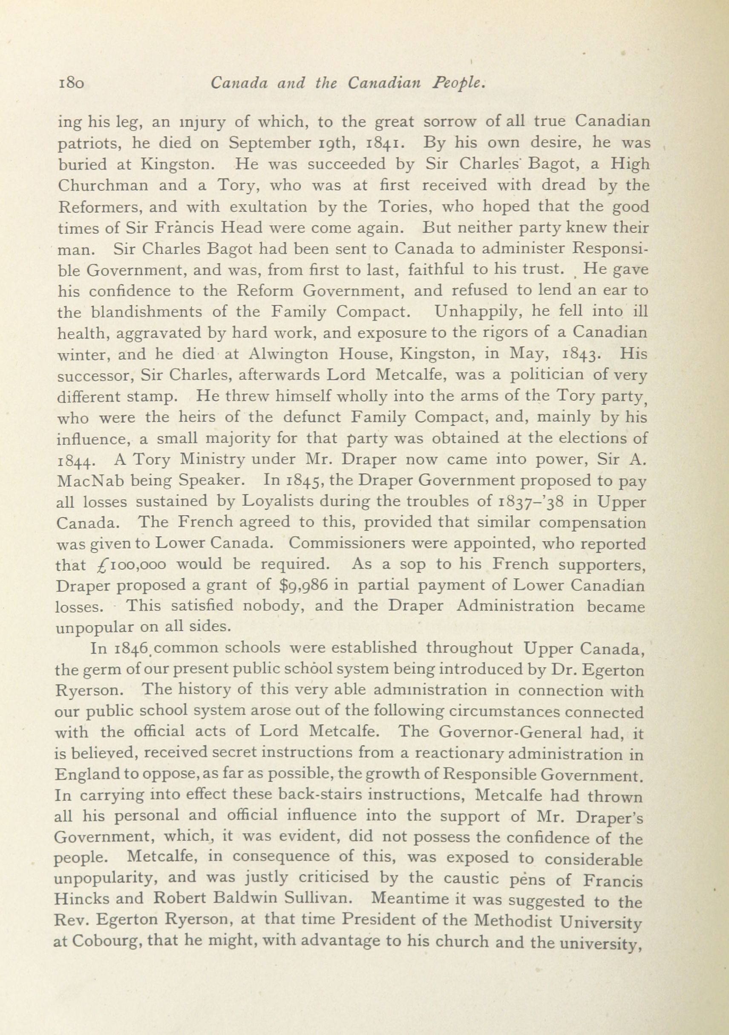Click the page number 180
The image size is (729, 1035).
coord(71,84)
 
